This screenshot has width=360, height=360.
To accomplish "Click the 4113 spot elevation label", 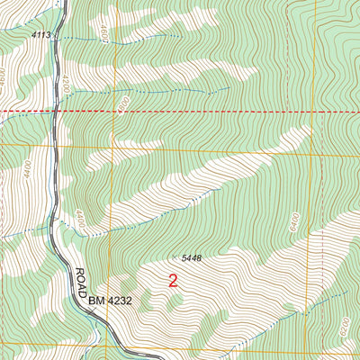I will (40, 34).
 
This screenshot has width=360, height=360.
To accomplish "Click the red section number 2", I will (173, 281).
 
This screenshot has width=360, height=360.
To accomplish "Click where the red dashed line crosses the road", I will (56, 111).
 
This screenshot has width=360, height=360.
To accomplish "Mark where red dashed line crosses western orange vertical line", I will (113, 111).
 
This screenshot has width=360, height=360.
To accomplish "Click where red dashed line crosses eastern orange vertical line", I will (314, 111).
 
